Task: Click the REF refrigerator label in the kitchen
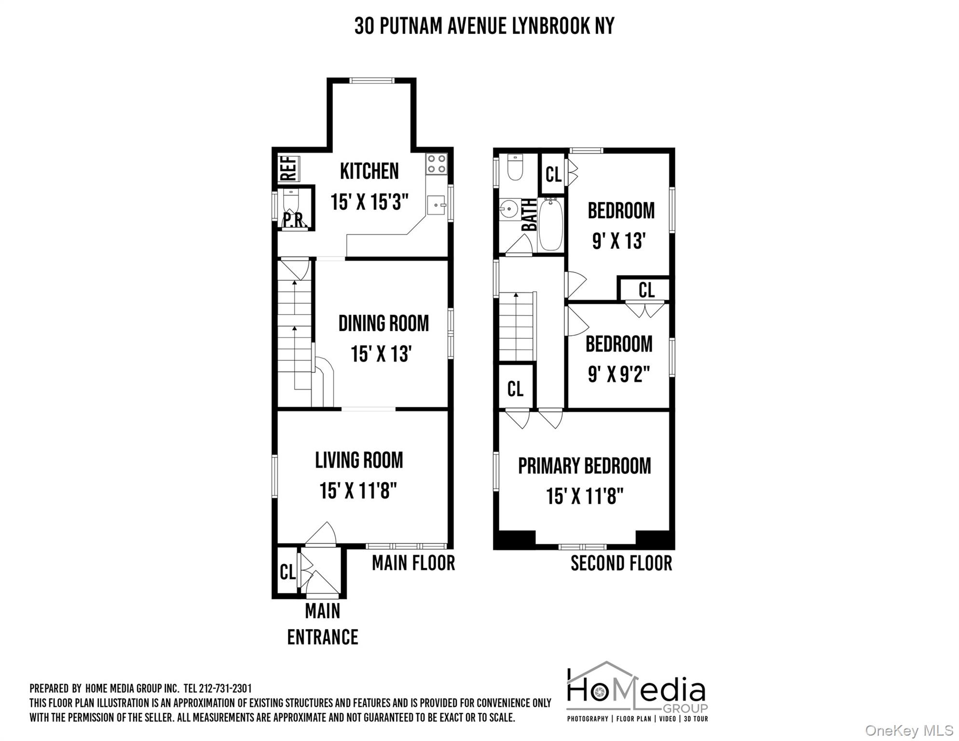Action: (288, 168)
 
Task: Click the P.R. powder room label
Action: (294, 220)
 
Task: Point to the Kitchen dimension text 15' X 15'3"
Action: (370, 202)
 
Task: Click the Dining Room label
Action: (384, 324)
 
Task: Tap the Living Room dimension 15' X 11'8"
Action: (358, 491)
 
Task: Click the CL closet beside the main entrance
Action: (288, 572)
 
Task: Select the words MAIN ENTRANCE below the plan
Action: (322, 624)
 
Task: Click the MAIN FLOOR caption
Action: (413, 563)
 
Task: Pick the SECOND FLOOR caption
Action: (621, 563)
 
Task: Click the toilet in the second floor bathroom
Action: (515, 167)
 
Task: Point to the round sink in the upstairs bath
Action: (508, 209)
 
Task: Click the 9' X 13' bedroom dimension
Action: (619, 241)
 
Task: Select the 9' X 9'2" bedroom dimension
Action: (619, 374)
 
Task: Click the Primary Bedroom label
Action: (584, 466)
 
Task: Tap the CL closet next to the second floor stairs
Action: (515, 388)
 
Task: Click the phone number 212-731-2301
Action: (225, 688)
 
